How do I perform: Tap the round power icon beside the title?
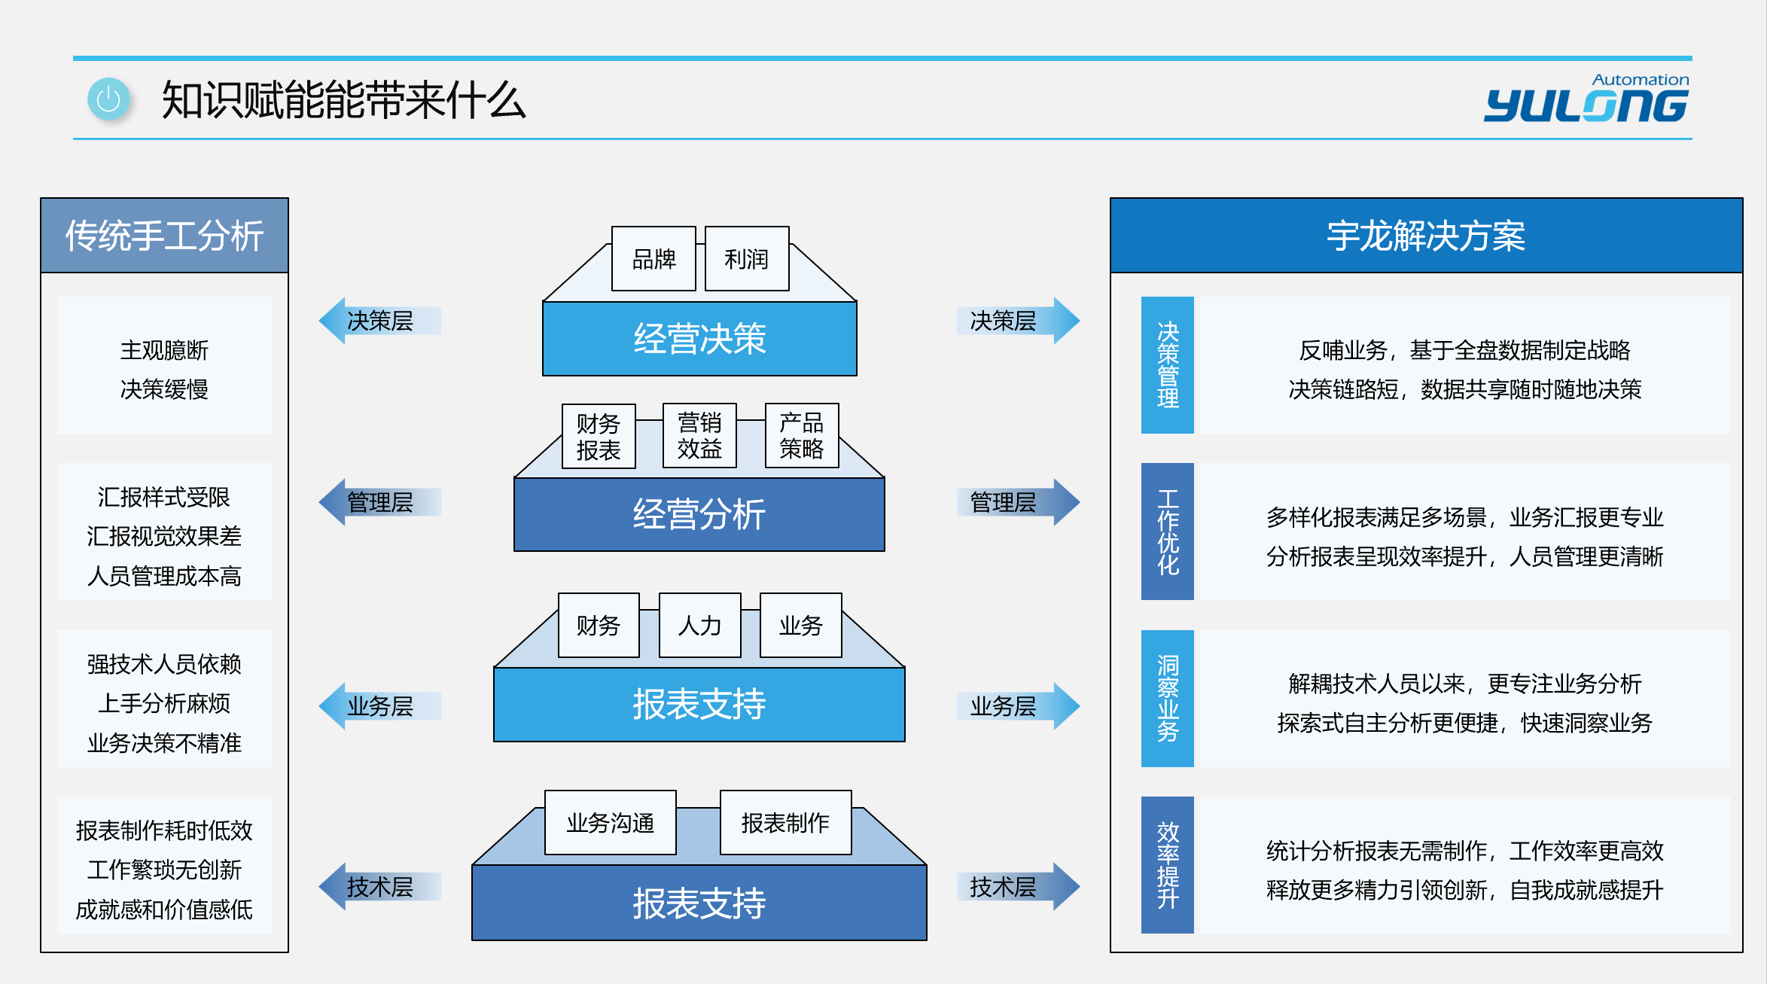(x=108, y=99)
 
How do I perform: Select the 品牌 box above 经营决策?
(x=653, y=258)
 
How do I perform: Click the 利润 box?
(x=747, y=258)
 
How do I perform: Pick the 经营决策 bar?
(x=699, y=338)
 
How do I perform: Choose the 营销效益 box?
(x=699, y=435)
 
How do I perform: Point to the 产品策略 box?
(x=802, y=435)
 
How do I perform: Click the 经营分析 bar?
(x=699, y=514)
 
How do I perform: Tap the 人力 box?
(x=700, y=625)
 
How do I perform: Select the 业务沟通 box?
(x=611, y=822)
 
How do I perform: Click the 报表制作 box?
(x=786, y=822)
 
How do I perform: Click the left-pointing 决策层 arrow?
(x=380, y=321)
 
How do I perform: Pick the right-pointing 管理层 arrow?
(x=1019, y=502)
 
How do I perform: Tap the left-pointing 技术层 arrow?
(x=380, y=887)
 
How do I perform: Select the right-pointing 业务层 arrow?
(x=1019, y=706)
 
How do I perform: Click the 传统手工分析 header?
(x=165, y=236)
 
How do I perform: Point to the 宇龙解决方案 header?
(x=1427, y=236)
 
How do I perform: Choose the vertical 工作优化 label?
(x=1168, y=532)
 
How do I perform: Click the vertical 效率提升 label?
(x=1168, y=865)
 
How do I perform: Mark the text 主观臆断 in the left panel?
(x=164, y=350)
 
